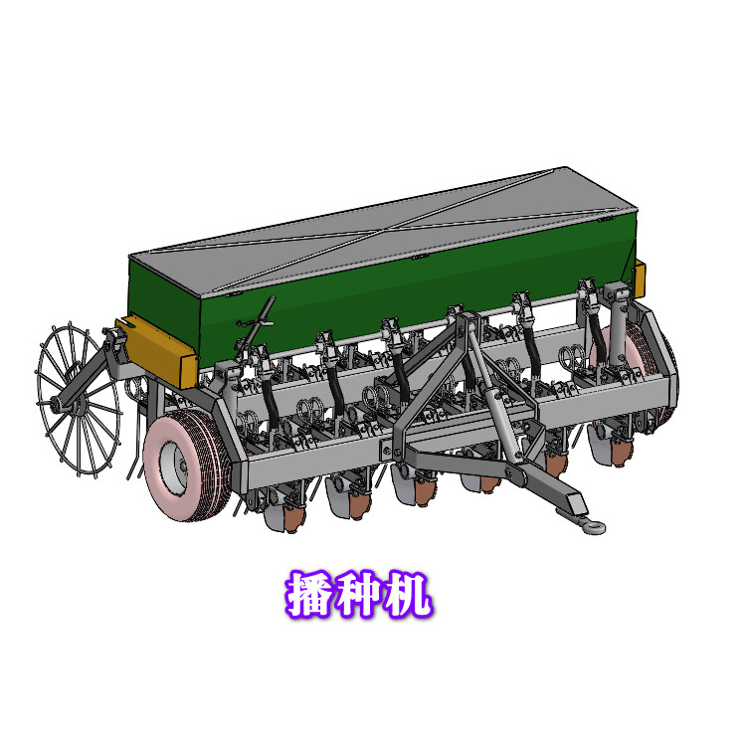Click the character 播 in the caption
[x=310, y=595]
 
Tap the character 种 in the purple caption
[x=359, y=595]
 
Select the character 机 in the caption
[x=408, y=595]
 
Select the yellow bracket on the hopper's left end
[x=157, y=348]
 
